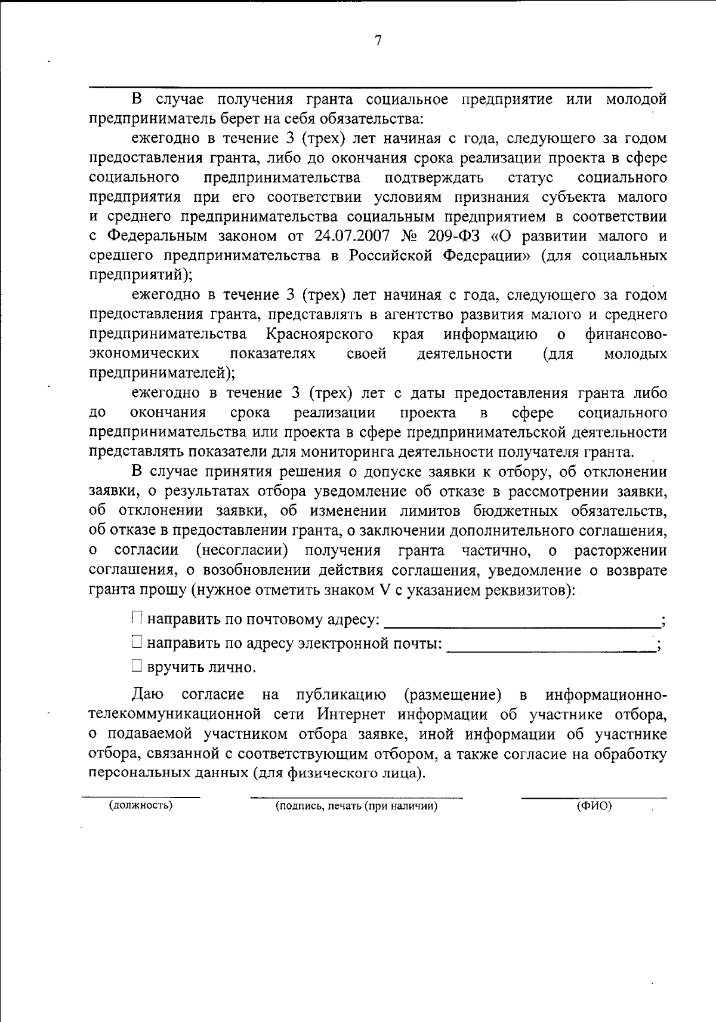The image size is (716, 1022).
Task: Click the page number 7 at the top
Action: click(x=378, y=41)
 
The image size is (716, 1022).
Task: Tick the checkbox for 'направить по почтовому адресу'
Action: click(x=137, y=618)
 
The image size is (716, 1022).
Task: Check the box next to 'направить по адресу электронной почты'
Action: click(x=137, y=643)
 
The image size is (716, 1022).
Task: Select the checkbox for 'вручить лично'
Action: click(x=137, y=666)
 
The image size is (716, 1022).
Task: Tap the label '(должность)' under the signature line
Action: click(x=141, y=806)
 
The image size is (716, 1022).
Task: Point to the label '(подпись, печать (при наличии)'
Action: click(x=356, y=806)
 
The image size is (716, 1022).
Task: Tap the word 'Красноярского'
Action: click(x=320, y=334)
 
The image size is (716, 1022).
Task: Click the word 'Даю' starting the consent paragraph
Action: click(x=145, y=695)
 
